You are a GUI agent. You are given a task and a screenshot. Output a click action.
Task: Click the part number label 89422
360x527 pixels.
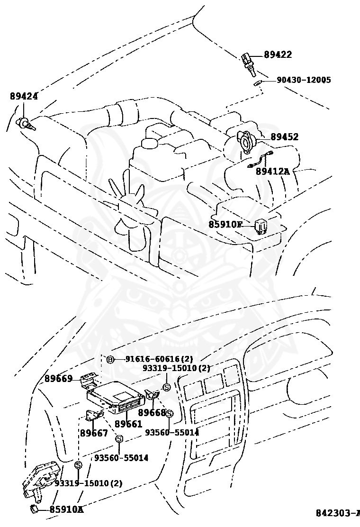278,55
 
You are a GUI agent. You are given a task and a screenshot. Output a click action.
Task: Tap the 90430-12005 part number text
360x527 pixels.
304,80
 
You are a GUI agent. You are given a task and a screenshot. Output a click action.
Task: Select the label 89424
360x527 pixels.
24,96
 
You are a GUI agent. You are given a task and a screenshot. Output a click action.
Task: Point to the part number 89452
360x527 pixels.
284,137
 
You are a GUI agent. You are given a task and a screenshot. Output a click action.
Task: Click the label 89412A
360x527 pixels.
272,172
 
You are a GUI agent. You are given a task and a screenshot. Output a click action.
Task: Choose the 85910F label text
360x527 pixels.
225,224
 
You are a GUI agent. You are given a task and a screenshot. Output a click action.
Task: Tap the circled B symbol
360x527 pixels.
110,359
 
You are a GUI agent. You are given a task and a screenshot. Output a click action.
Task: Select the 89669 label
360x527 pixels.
59,378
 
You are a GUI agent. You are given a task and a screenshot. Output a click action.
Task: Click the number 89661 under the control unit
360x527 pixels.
128,424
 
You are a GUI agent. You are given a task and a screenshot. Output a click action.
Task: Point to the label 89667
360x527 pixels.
94,433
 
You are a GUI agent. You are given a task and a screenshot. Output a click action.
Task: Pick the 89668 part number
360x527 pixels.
152,413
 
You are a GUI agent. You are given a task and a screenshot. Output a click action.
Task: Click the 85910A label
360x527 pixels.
66,510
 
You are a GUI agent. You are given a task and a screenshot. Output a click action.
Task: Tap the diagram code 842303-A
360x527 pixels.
338,513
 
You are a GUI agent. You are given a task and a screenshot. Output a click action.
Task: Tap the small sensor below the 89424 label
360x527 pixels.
25,124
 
